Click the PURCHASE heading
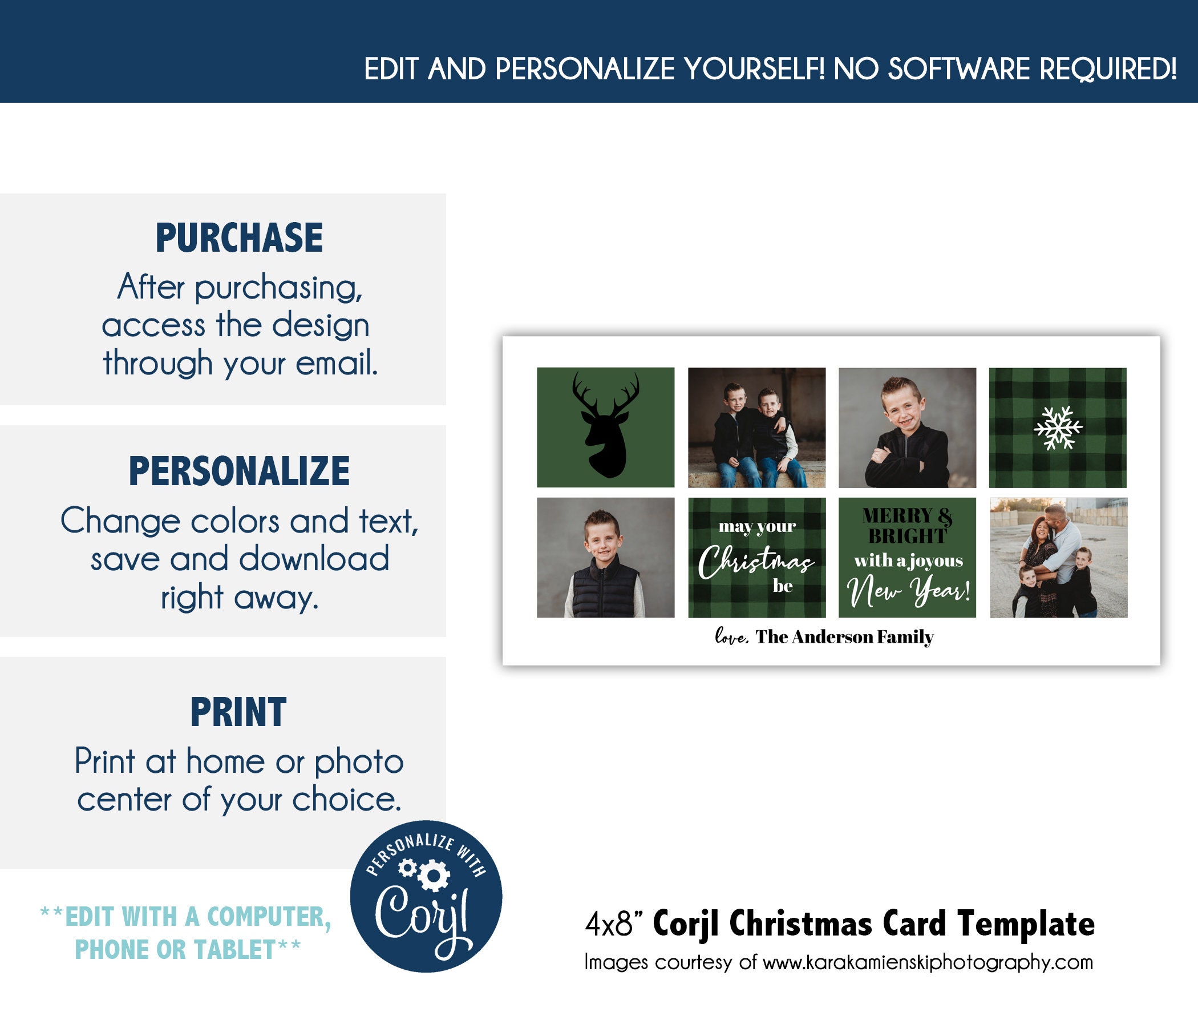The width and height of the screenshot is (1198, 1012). click(239, 238)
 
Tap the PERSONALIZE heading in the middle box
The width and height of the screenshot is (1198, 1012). click(239, 471)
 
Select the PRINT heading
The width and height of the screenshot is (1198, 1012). click(238, 712)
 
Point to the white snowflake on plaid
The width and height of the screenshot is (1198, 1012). click(1058, 428)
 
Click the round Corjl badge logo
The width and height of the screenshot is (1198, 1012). click(426, 896)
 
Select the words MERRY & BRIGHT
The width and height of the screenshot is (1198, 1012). click(907, 526)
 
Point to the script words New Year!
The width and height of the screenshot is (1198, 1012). click(908, 590)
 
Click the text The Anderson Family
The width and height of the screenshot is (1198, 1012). click(844, 637)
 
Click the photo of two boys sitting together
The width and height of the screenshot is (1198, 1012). click(757, 428)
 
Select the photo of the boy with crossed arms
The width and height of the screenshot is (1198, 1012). click(907, 428)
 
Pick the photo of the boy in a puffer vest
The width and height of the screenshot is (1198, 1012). click(606, 558)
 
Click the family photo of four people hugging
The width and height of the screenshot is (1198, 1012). click(1059, 558)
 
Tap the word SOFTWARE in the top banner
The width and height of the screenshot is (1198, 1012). click(960, 70)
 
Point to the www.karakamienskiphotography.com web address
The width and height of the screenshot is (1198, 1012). click(928, 963)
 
